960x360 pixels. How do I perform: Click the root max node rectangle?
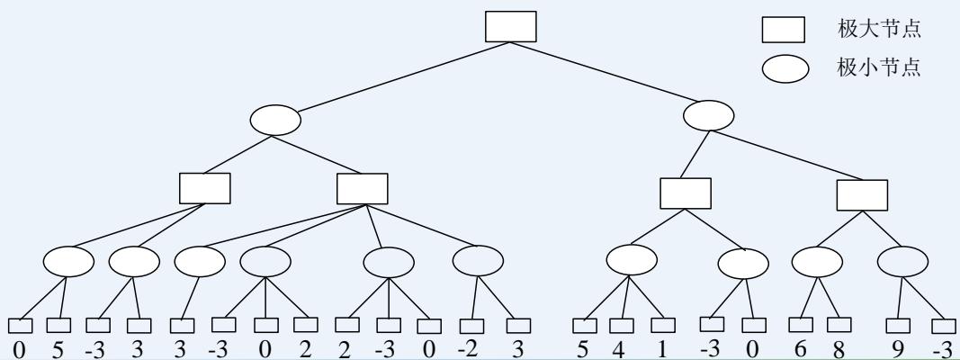point(510,26)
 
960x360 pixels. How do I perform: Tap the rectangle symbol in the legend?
point(783,31)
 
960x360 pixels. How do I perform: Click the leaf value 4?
point(618,349)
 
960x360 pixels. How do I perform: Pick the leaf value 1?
point(663,349)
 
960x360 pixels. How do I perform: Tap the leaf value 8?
point(839,349)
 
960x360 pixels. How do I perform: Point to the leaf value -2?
point(469,348)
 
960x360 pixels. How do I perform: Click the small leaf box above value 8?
point(839,324)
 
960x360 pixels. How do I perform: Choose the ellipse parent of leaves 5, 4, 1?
point(632,260)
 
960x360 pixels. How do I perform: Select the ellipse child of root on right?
point(709,114)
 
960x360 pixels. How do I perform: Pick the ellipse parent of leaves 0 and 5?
point(67,261)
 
